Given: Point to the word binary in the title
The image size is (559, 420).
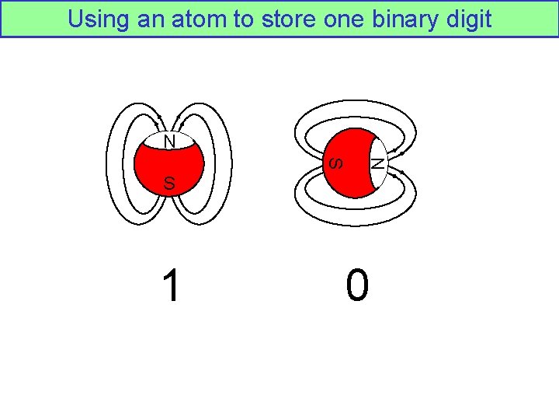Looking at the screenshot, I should point(403,19).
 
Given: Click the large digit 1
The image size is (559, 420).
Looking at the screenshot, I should point(170,285).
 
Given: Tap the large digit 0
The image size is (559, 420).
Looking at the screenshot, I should point(357,285).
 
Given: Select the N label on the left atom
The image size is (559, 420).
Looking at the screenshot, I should point(169,141).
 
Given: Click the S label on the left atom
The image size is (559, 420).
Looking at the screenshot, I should point(169,184).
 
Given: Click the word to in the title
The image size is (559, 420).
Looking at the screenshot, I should point(240,19).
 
